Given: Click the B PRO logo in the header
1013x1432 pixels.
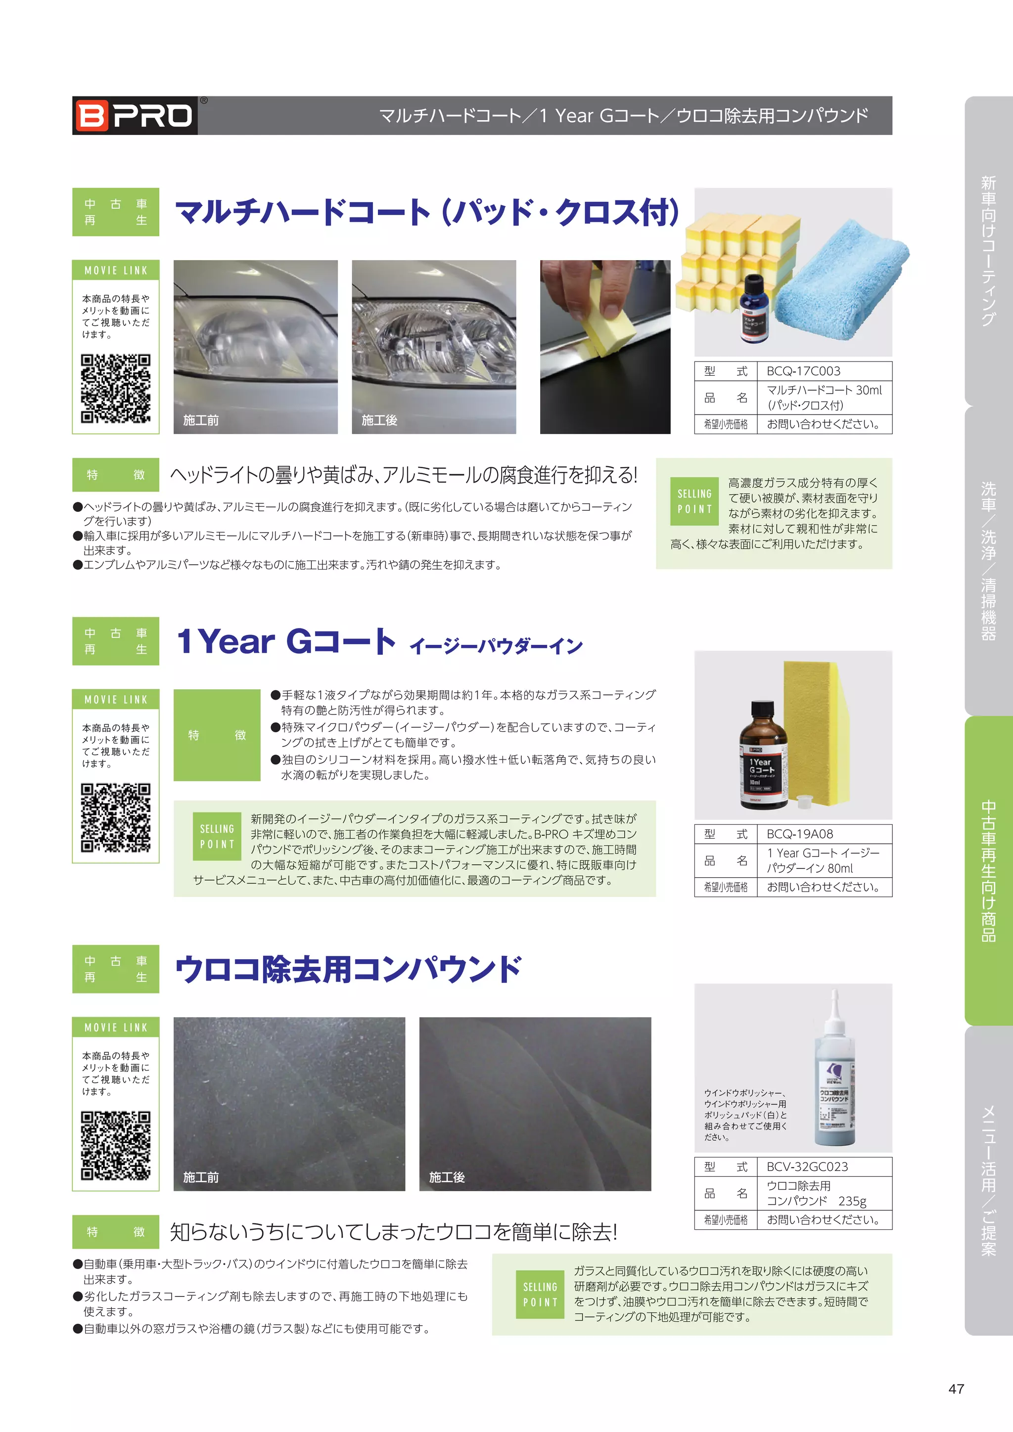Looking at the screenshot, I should (135, 115).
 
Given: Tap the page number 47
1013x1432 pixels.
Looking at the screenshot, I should (956, 1388).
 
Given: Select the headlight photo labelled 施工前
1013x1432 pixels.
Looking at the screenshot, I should (255, 346).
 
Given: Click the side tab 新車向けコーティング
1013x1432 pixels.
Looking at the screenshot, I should (988, 250).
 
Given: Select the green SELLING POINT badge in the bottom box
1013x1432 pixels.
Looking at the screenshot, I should (540, 1294).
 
